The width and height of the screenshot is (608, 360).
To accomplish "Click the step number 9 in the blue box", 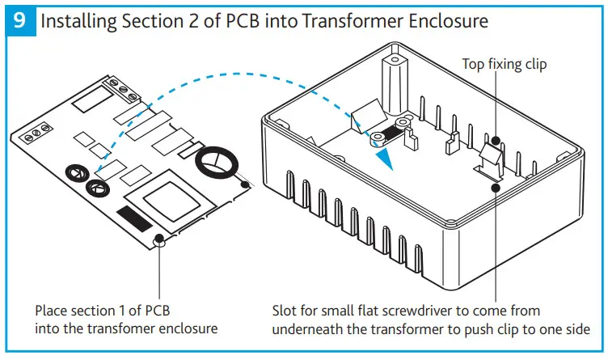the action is (x=19, y=20).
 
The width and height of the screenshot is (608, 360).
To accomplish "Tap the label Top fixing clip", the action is (x=504, y=65).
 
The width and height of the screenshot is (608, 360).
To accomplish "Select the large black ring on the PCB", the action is (x=217, y=162).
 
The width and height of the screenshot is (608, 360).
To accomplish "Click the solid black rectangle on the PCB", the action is (x=134, y=218).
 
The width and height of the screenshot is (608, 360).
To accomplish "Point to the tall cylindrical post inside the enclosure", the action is (x=394, y=85).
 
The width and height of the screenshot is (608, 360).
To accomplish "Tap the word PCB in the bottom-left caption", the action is (x=158, y=311).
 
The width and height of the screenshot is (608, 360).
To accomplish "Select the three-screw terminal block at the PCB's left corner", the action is (x=36, y=133).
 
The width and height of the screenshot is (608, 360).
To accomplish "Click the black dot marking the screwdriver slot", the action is (x=495, y=188).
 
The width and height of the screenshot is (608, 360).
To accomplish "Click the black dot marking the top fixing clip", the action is (x=495, y=140).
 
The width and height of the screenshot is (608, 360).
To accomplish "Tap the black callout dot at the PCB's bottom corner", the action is (x=159, y=238).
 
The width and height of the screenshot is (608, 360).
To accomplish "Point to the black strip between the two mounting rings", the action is (x=390, y=132).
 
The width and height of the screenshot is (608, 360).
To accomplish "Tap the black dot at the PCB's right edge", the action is (x=245, y=184).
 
